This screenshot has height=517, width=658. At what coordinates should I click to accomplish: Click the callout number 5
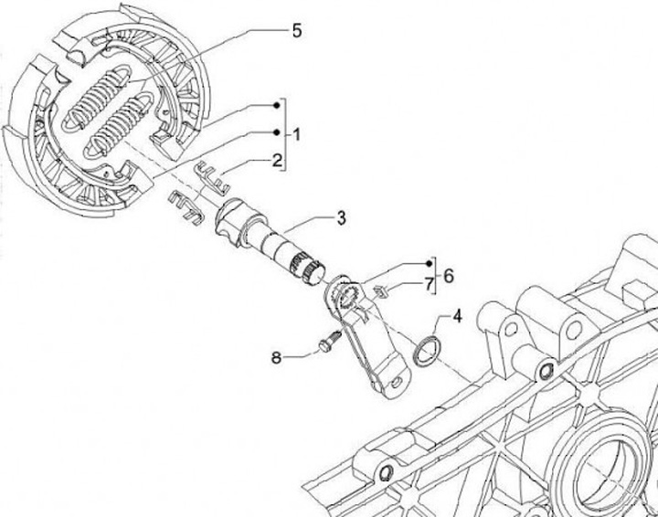297,31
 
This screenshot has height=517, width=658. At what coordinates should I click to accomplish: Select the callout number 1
296,135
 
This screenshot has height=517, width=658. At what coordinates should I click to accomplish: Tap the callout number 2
277,161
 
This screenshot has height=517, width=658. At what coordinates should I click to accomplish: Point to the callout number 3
342,218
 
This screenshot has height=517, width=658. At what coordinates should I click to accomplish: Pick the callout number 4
457,316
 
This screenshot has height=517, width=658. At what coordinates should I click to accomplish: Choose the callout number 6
449,277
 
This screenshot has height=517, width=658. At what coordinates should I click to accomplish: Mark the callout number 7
429,285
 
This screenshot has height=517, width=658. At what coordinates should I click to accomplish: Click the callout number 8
276,358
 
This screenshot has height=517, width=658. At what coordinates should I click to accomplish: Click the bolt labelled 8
329,342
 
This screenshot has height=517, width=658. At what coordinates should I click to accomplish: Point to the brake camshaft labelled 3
270,240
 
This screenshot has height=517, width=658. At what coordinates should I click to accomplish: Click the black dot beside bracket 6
429,263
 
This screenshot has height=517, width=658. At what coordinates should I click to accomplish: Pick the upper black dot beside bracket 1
276,105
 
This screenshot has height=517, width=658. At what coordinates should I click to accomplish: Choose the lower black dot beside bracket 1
276,132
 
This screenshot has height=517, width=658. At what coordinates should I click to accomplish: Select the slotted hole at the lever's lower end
397,382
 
